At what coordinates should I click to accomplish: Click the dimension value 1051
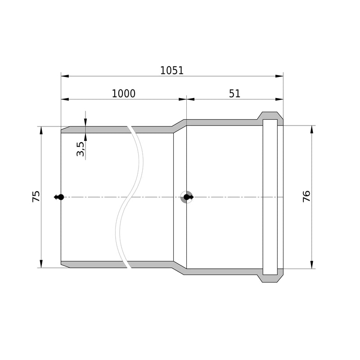pyautogui.click(x=172, y=71)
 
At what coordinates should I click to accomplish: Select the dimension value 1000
pyautogui.click(x=123, y=94)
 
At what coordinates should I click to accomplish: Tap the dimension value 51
pyautogui.click(x=234, y=94)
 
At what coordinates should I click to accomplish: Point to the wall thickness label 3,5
pyautogui.click(x=81, y=149)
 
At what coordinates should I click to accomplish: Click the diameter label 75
pyautogui.click(x=36, y=196)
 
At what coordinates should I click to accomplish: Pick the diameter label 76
pyautogui.click(x=306, y=196)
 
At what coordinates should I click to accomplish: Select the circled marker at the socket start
pyautogui.click(x=187, y=197)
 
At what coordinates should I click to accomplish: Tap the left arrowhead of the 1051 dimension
pyautogui.click(x=65, y=76)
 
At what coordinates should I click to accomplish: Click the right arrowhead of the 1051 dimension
pyautogui.click(x=279, y=76)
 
